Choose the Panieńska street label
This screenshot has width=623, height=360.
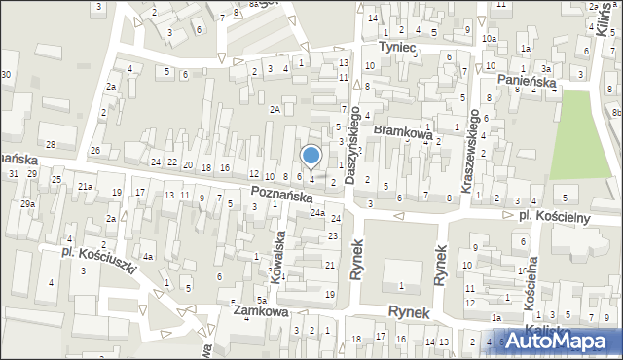(526, 84)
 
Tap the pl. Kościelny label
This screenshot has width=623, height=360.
(553, 217)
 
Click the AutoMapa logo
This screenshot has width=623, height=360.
(564, 342)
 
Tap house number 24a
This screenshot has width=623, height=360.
(317, 212)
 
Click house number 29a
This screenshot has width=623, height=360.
(27, 204)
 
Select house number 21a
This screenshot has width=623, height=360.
(86, 186)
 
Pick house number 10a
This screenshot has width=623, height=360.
(492, 39)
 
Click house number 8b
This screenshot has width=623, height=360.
(616, 114)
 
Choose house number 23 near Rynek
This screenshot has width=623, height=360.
(332, 236)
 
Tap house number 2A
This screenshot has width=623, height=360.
(275, 110)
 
